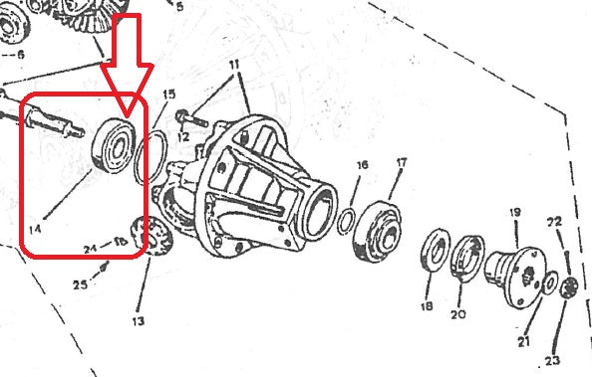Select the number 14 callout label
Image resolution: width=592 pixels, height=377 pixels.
35,230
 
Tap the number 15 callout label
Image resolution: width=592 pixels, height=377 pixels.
169,94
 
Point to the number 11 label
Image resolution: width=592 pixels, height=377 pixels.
234,65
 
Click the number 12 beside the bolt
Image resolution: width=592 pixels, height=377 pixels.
182,135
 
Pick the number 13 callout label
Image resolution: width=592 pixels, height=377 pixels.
137,320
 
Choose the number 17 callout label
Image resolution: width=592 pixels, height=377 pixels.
402,163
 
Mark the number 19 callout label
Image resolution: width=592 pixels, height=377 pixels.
515,212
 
